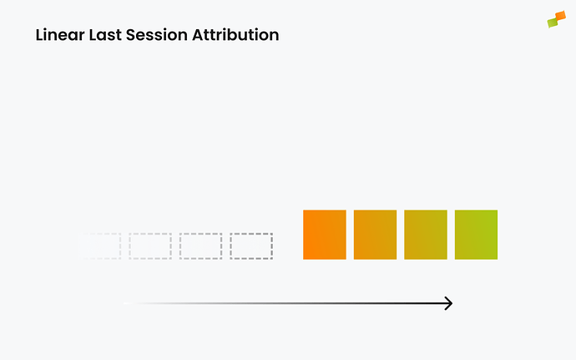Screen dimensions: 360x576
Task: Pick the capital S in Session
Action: [130, 35]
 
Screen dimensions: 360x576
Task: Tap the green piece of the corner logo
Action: [552, 23]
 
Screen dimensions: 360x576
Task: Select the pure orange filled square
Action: [324, 235]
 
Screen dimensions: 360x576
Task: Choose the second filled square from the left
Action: [375, 235]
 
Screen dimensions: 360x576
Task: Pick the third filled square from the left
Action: [426, 235]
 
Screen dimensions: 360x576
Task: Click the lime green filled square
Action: [476, 235]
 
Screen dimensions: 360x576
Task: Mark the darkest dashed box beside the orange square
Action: [251, 246]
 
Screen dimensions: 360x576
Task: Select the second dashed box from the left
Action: [150, 246]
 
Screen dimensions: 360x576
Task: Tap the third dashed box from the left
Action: [200, 246]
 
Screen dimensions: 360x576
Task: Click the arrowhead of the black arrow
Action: [449, 303]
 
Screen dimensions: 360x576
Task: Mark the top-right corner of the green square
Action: [497, 210]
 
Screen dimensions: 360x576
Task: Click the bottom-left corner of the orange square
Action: [304, 258]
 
